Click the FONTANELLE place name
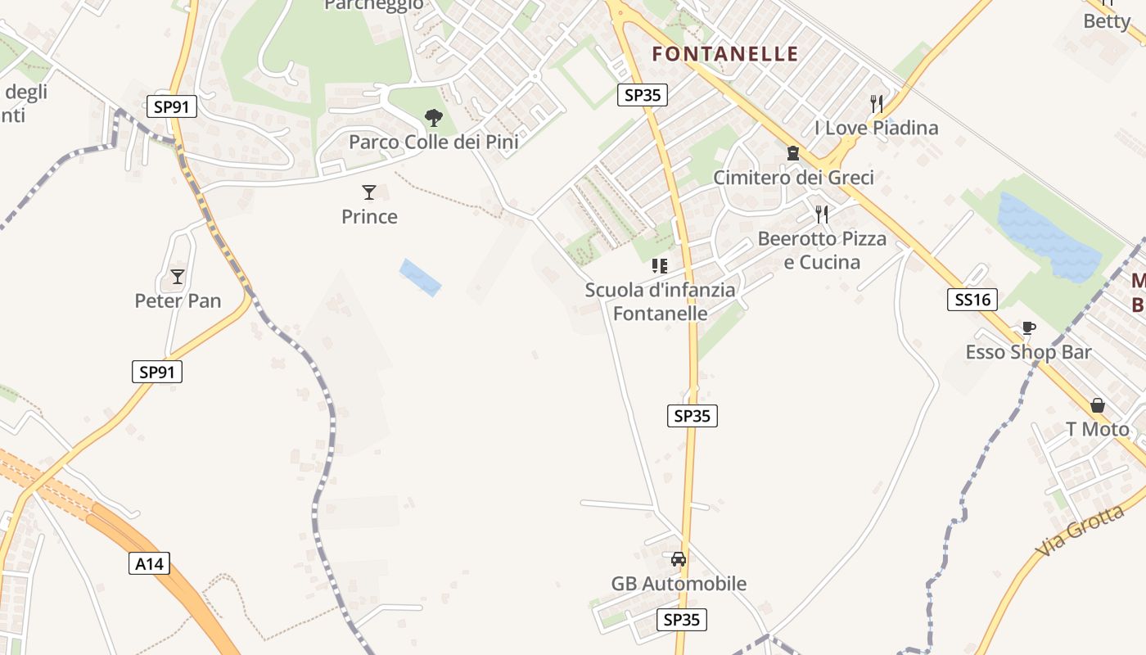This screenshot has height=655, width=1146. point(724,54)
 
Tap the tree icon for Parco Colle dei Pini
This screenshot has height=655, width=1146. point(434,118)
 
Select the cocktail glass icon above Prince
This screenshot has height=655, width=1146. point(369,192)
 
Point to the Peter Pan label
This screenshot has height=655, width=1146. point(178,300)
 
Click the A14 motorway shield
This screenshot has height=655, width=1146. point(150,563)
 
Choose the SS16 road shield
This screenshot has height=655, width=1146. point(972,300)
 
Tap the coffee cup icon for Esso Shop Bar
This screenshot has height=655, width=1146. point(1028,328)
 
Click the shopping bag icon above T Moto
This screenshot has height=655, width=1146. point(1097,405)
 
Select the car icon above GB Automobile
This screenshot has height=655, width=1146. point(678,559)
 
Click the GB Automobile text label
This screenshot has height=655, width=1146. point(679,584)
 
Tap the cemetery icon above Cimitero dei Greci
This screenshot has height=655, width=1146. point(792,153)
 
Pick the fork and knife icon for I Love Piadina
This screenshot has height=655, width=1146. point(877,103)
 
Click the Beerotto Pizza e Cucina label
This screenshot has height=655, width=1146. point(822,251)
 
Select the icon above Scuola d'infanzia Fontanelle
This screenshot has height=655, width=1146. point(660,265)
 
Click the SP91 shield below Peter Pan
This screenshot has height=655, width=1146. point(157,372)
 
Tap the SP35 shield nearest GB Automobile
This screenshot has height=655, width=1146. point(682,620)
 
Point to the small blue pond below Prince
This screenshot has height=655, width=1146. point(420,277)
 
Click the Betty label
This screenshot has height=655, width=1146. point(1106,21)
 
